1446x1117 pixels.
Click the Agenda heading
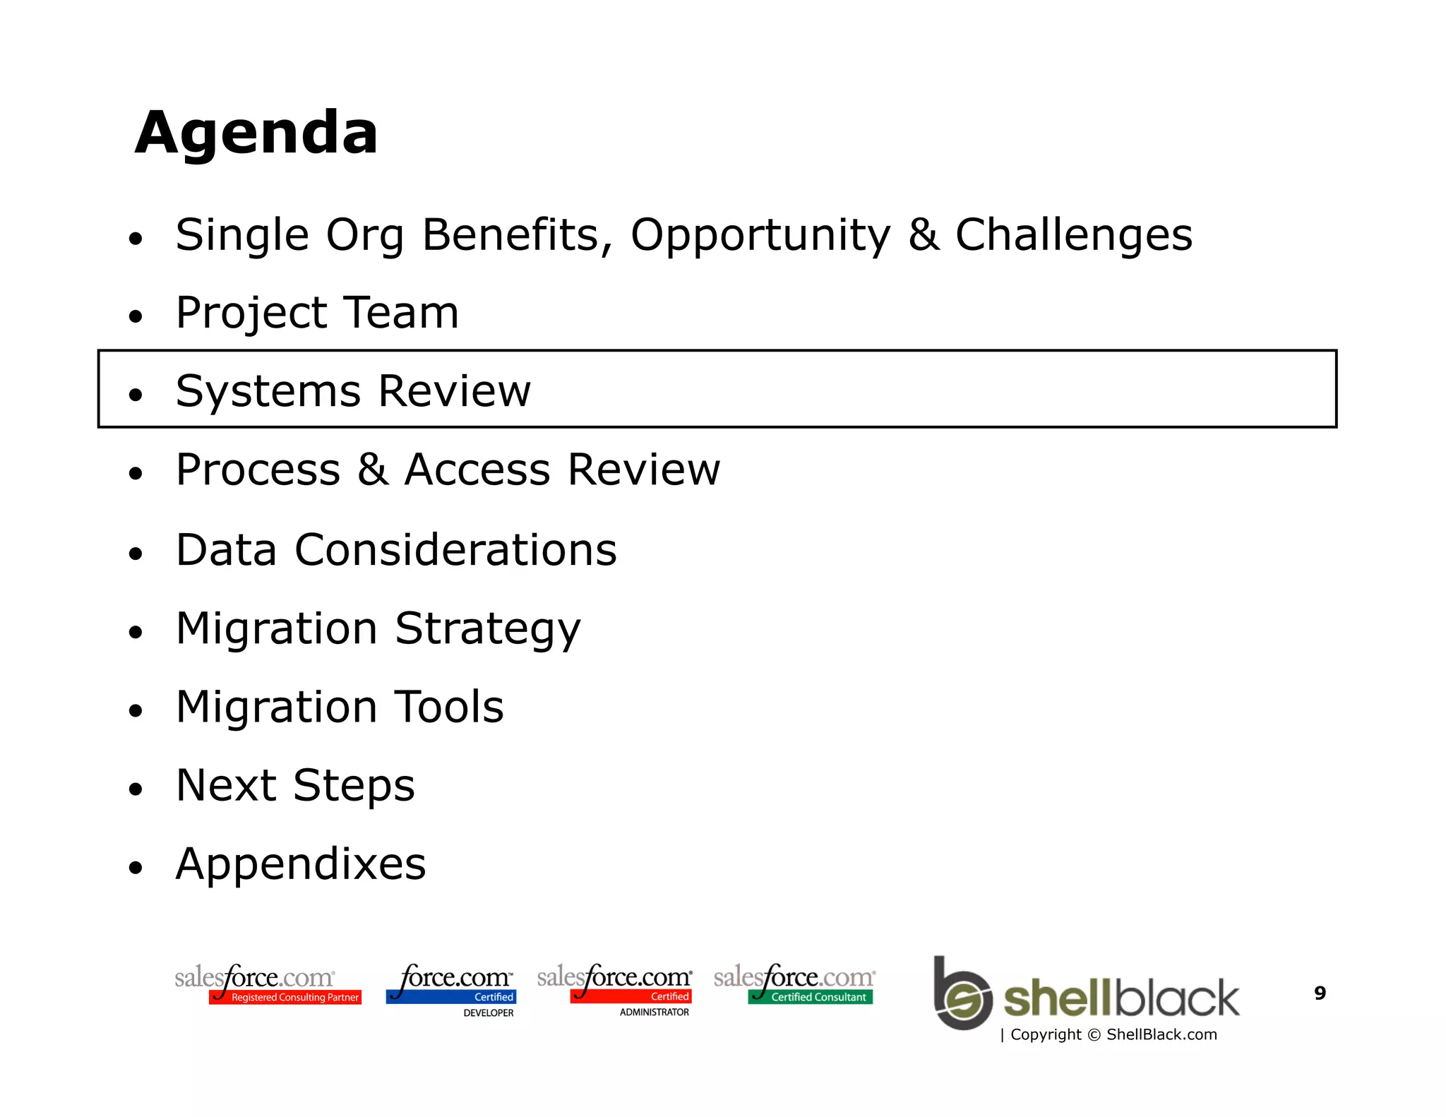tap(256, 133)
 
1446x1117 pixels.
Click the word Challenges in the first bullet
tap(1073, 235)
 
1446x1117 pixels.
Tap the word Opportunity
tap(760, 235)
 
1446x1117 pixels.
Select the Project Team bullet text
tap(317, 313)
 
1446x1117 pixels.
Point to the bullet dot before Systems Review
tap(136, 395)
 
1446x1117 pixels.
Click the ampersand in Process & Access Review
tap(372, 470)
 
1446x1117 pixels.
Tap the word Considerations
tap(455, 550)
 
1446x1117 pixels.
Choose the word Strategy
tap(487, 628)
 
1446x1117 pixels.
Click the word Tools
tap(448, 707)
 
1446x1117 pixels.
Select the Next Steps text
tap(295, 785)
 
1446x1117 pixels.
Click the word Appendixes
tap(301, 864)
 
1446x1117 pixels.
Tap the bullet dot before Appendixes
tap(136, 867)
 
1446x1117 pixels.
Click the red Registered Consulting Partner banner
tap(286, 997)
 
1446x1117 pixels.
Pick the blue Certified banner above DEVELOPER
tap(452, 997)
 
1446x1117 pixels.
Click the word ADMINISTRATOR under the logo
tap(654, 1012)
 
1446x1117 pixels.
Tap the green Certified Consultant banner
tap(811, 997)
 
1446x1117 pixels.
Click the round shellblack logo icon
tap(962, 994)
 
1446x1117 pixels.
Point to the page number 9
tap(1320, 993)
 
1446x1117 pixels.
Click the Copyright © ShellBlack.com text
tap(1113, 1034)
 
